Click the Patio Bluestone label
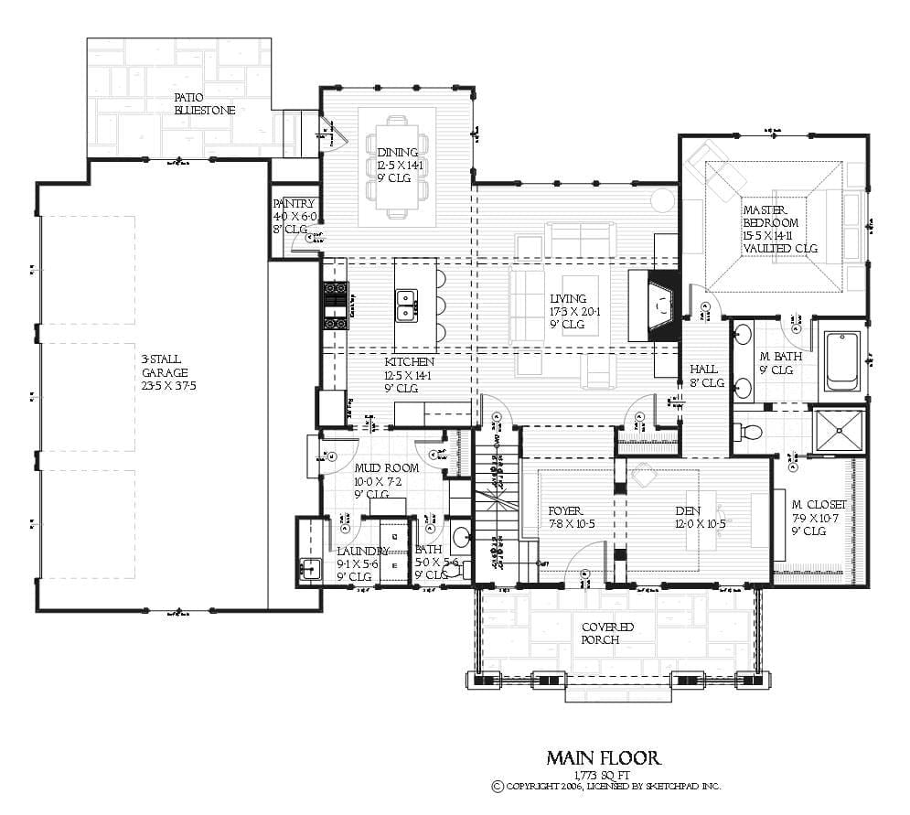tap(205, 103)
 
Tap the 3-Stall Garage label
tap(165, 372)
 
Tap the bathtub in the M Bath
tap(840, 360)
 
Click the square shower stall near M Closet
tap(839, 430)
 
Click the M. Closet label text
tap(819, 505)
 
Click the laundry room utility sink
tap(311, 567)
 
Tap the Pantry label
tap(294, 204)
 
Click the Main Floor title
tap(603, 758)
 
